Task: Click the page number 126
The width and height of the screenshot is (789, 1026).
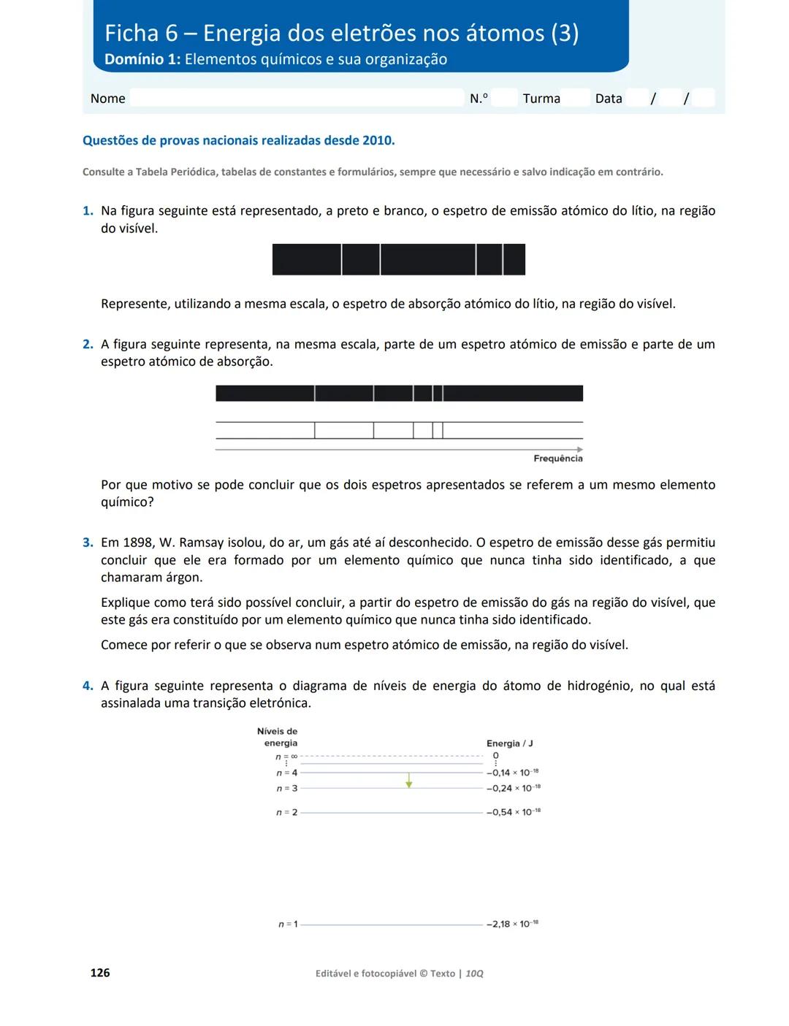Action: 100,972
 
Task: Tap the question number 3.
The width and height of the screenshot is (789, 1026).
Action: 88,543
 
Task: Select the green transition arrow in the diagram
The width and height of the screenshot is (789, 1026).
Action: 409,781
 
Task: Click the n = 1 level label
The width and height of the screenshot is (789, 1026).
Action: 287,924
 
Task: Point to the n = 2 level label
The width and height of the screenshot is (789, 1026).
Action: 286,813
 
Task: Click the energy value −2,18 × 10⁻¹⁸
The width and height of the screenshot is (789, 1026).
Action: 512,924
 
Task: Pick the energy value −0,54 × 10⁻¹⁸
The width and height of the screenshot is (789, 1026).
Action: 513,812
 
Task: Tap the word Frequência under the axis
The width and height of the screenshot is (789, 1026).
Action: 557,459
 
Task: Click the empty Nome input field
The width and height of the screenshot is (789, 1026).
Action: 296,98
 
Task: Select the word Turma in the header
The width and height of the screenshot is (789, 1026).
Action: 541,99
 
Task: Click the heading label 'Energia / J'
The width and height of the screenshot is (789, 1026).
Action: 509,743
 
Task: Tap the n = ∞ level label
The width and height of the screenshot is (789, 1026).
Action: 286,757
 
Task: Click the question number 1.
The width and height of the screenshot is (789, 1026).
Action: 88,211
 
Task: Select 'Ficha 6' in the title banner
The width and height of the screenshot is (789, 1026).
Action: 141,34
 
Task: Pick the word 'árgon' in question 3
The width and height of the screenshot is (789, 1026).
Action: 183,578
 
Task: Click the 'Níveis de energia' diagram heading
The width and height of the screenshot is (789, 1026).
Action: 278,737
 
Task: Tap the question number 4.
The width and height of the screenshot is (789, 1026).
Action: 88,686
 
